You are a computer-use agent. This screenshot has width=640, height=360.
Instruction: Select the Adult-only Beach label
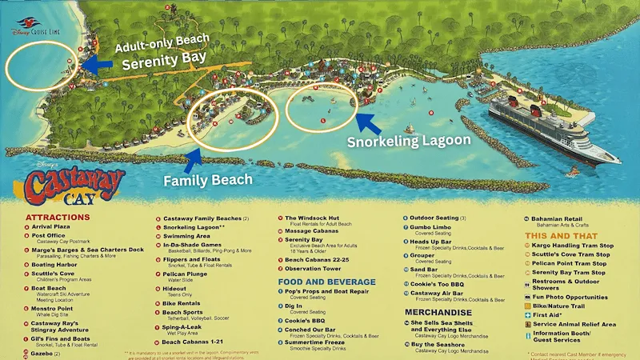click(x=162, y=37)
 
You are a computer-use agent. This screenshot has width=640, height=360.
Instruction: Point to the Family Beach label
click(x=209, y=180)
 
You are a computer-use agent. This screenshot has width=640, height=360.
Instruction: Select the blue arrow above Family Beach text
click(x=193, y=160)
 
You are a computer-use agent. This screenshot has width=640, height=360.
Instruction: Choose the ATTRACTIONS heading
click(x=58, y=217)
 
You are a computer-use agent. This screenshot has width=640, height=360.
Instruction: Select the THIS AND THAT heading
click(x=564, y=235)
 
